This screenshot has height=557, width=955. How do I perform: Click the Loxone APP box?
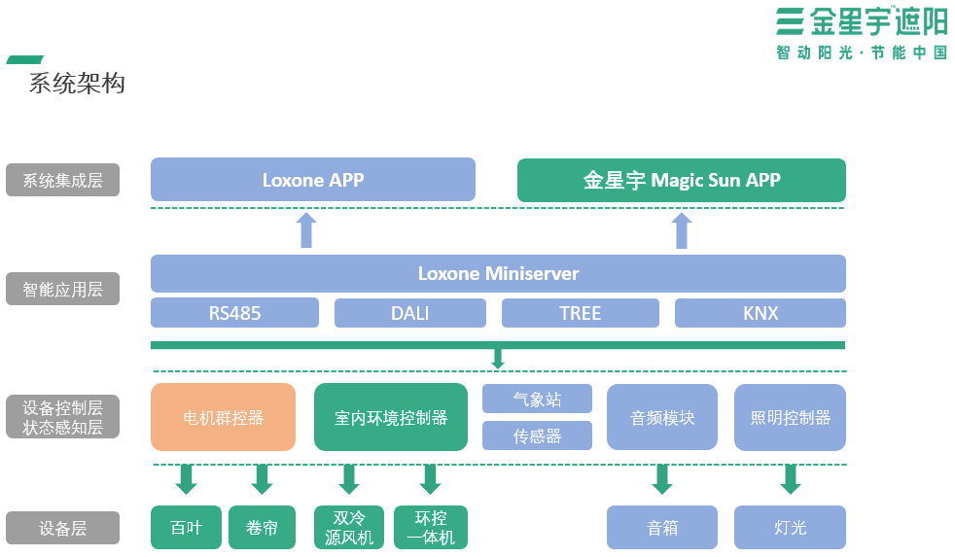312,180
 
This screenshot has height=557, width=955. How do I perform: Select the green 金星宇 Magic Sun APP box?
681,181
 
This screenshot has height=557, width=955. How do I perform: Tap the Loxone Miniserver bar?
498,273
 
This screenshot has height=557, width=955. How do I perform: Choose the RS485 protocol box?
234,313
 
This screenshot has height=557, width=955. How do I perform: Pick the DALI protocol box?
409,313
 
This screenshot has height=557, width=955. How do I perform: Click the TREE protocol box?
580,313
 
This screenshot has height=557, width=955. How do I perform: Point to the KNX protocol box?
760,313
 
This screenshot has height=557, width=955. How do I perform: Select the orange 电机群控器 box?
223,417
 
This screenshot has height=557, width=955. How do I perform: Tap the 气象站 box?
537,399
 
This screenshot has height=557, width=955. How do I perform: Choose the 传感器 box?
537,435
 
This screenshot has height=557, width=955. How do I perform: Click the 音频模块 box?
662,417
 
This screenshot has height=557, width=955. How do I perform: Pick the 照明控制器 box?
790,417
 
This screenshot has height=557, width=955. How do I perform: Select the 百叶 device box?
186,528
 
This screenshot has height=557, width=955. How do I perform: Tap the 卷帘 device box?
262,528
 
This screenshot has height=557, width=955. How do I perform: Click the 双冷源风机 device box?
349,527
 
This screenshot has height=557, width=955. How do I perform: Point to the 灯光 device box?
790,528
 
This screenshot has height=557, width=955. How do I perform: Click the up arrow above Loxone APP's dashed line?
306,230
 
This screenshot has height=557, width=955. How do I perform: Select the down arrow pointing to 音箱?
662,478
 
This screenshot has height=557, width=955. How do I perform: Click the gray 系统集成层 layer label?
62,180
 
